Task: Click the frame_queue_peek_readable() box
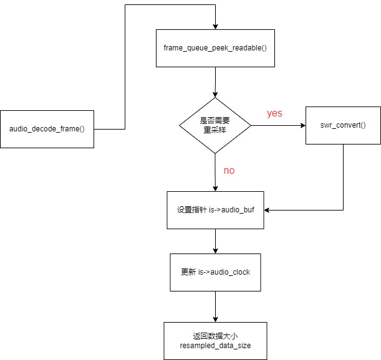tap(215, 47)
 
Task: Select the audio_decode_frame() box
tap(47, 129)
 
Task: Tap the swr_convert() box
tap(343, 125)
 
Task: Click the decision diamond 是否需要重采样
tap(215, 125)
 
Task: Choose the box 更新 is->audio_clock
tap(215, 272)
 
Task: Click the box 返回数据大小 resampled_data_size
tap(215, 340)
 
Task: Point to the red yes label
tap(274, 113)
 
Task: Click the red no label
tap(229, 170)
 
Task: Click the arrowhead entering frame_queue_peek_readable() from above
tap(215, 26)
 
